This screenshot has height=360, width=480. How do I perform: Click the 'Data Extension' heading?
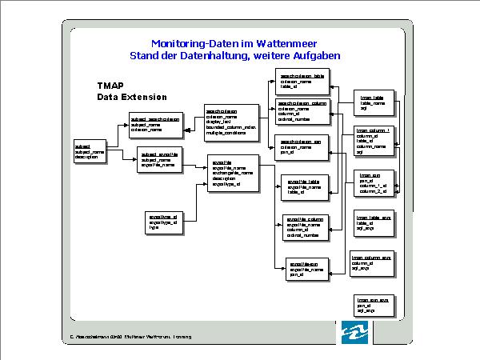(x=132, y=97)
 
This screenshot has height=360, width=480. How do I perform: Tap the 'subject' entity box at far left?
(x=88, y=152)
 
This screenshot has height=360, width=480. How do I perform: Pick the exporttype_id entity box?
(x=166, y=222)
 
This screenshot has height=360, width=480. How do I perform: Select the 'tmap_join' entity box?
(x=374, y=183)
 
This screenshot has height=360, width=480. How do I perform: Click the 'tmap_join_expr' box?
(x=373, y=305)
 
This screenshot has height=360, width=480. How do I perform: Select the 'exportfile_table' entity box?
(x=302, y=187)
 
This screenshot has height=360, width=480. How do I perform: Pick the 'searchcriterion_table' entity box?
(x=302, y=82)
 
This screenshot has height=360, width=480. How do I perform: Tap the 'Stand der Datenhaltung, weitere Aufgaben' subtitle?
(x=234, y=56)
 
